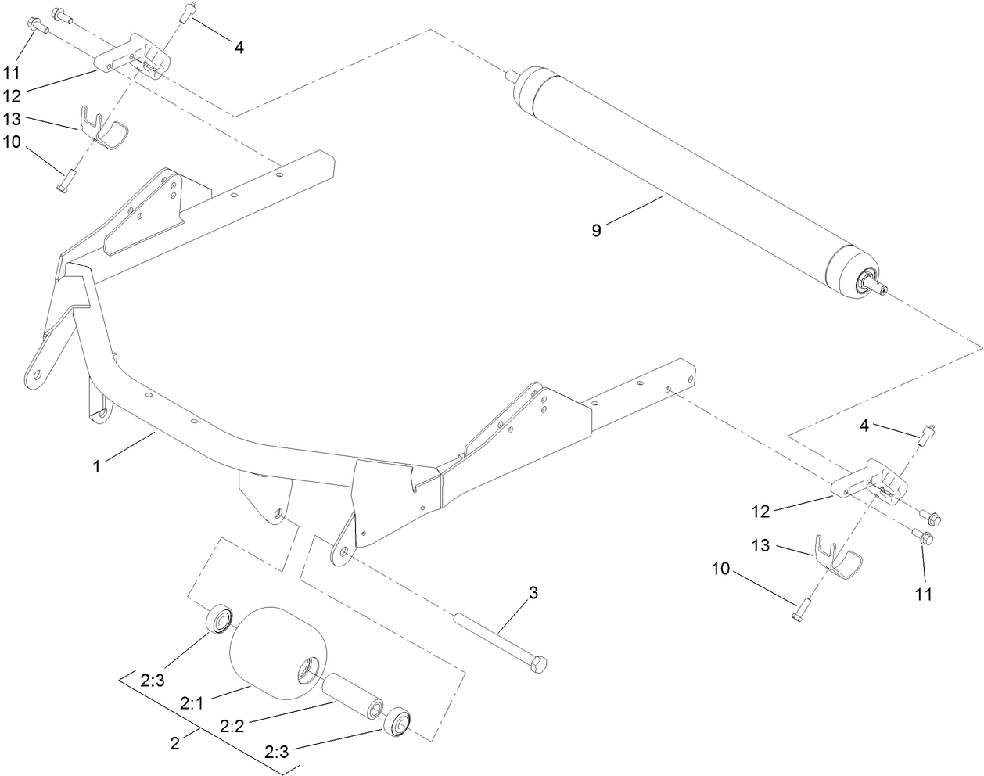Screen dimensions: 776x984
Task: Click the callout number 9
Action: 596,231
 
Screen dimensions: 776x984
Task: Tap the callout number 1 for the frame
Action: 96,466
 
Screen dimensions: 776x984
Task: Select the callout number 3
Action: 533,593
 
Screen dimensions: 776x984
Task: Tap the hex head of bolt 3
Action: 539,666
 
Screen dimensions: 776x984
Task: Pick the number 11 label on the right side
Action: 924,595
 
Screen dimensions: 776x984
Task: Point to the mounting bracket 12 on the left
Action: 133,56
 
